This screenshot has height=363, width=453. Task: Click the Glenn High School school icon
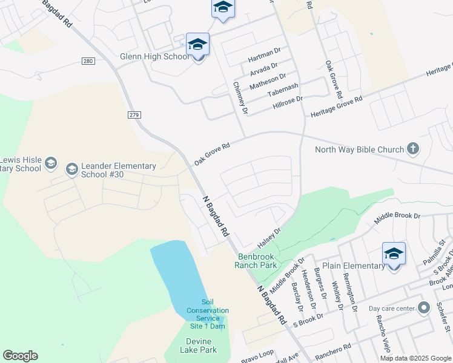pyautogui.click(x=197, y=45)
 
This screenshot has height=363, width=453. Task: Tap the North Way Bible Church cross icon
pyautogui.click(x=412, y=149)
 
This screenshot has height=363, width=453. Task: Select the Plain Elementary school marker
pyautogui.click(x=394, y=255)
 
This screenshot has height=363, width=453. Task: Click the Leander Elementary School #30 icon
pyautogui.click(x=72, y=168)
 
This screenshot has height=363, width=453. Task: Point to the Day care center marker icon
pyautogui.click(x=423, y=308)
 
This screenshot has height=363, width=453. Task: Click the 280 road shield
pyautogui.click(x=89, y=61)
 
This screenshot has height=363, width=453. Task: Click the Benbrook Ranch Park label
pyautogui.click(x=256, y=261)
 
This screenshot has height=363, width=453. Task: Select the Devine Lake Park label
pyautogui.click(x=198, y=345)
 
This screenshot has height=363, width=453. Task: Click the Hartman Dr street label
pyautogui.click(x=265, y=58)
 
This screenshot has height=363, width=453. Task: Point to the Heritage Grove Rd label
pyautogui.click(x=336, y=106)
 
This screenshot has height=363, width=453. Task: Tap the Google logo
pyautogui.click(x=20, y=356)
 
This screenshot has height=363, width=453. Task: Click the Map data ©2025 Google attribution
pyautogui.click(x=415, y=358)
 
